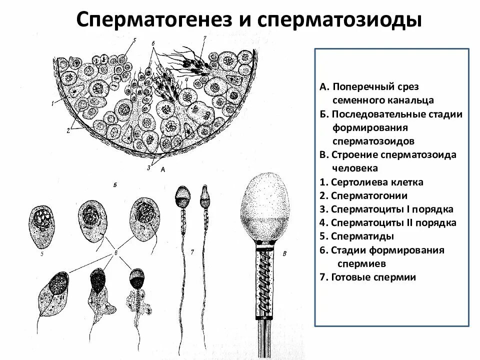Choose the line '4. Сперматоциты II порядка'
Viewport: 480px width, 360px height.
coord(388,222)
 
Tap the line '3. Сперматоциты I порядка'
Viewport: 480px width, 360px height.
coord(386,209)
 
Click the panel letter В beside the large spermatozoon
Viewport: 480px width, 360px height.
coord(284,254)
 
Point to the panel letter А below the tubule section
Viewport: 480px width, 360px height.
coord(163,170)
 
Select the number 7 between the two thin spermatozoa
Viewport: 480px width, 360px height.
coord(192,250)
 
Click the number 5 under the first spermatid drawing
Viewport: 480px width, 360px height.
coord(43,254)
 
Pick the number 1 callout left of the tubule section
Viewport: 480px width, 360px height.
coord(52,103)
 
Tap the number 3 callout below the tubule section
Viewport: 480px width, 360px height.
coord(148,168)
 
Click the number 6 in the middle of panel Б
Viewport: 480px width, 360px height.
coord(115,253)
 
